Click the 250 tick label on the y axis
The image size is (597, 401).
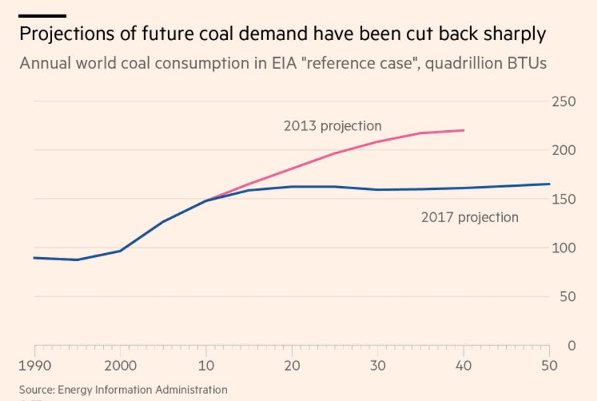point(564,102)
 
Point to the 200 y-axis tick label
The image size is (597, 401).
point(564,151)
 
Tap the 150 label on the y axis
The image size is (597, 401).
point(564,199)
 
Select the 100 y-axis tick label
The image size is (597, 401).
point(564,248)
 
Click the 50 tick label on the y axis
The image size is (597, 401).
point(567,296)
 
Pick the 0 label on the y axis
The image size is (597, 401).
point(571,345)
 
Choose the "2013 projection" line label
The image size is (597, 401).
point(332,126)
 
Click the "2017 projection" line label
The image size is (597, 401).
point(469,217)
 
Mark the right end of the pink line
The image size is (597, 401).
point(464,130)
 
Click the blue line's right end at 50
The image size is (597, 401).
point(550,184)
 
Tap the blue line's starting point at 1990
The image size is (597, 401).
point(34,258)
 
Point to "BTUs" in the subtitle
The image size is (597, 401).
point(531,64)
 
